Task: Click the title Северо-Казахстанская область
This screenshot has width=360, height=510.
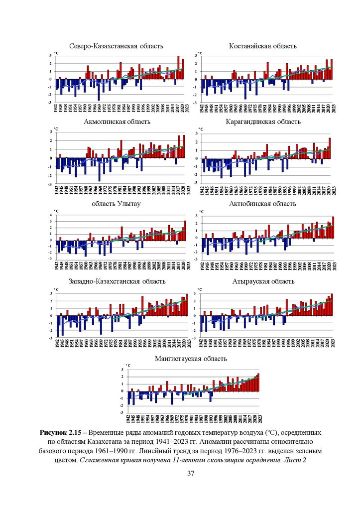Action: [x=117, y=46]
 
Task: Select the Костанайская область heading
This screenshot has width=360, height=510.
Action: [x=263, y=46]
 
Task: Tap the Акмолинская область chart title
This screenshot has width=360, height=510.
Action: [x=117, y=122]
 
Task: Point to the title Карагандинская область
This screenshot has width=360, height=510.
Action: [x=263, y=122]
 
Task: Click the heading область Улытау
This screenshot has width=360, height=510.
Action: [x=117, y=203]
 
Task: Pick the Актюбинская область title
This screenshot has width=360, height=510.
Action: [x=263, y=203]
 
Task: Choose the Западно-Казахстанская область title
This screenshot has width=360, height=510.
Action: [x=117, y=281]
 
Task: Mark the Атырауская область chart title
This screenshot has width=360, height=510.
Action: [x=263, y=281]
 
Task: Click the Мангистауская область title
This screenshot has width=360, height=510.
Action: [x=191, y=359]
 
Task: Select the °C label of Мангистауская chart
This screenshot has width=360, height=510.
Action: [x=128, y=366]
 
